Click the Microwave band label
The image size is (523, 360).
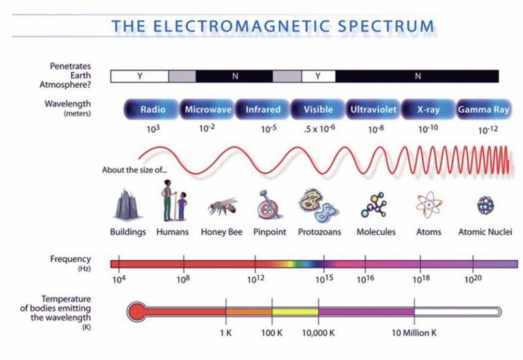point(207,109)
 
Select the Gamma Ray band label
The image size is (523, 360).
point(483,109)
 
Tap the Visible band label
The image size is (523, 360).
point(318,109)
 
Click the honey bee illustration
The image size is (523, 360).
point(222,206)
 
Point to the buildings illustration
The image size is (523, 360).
point(127,204)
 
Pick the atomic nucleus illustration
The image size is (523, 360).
point(485,204)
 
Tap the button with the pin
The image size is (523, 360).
point(270,204)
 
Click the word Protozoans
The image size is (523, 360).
point(320,232)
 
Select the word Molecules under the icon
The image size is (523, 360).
point(376,232)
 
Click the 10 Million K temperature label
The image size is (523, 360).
point(414,333)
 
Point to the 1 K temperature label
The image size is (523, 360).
point(226,333)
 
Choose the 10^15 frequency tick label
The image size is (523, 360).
point(325,279)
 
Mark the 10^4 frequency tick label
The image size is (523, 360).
point(119,279)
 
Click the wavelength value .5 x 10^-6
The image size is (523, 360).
point(320,128)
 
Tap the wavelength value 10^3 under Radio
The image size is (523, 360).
point(153,129)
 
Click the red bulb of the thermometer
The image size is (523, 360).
point(136,312)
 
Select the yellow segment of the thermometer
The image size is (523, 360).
point(295,312)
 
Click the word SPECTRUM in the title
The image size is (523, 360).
point(386,26)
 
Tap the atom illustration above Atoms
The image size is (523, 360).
point(428,204)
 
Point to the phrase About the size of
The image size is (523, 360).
point(134,170)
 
